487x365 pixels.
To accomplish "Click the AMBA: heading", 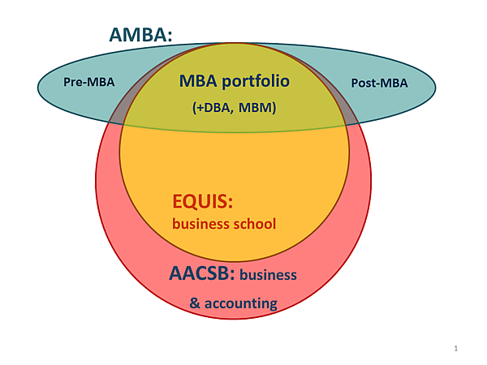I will pos(142,36).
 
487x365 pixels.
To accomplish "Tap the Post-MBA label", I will pos(379,83).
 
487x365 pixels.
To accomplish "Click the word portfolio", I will pos(255,82).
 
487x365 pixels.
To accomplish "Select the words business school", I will pos(224,223).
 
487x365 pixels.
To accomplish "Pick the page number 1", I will pos(456,349).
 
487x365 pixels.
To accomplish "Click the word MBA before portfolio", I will pos(197,82).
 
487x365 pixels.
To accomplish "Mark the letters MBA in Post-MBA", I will pos(393,83).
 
